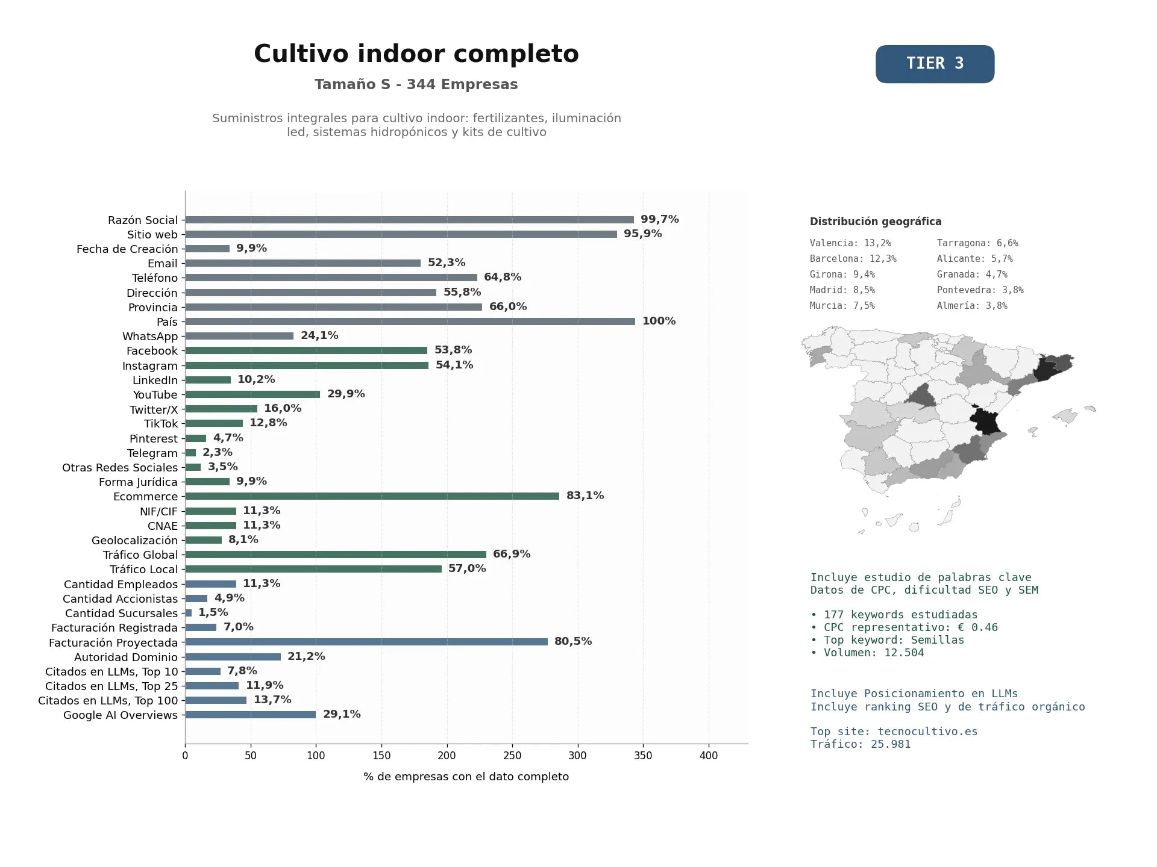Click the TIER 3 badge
(935, 64)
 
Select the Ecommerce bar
(372, 496)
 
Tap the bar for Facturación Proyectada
(366, 642)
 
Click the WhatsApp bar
(239, 336)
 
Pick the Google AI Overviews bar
(250, 715)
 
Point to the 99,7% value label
(659, 219)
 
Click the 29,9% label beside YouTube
(346, 394)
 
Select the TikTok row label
(161, 424)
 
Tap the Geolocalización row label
(134, 541)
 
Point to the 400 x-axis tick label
(709, 756)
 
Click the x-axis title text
(466, 777)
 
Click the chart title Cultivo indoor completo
(416, 54)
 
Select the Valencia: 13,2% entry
(850, 243)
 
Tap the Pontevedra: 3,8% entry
(980, 290)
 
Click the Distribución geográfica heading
(876, 222)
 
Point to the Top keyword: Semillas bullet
(887, 640)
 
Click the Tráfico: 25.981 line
(861, 744)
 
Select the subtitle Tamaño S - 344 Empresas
(416, 84)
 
